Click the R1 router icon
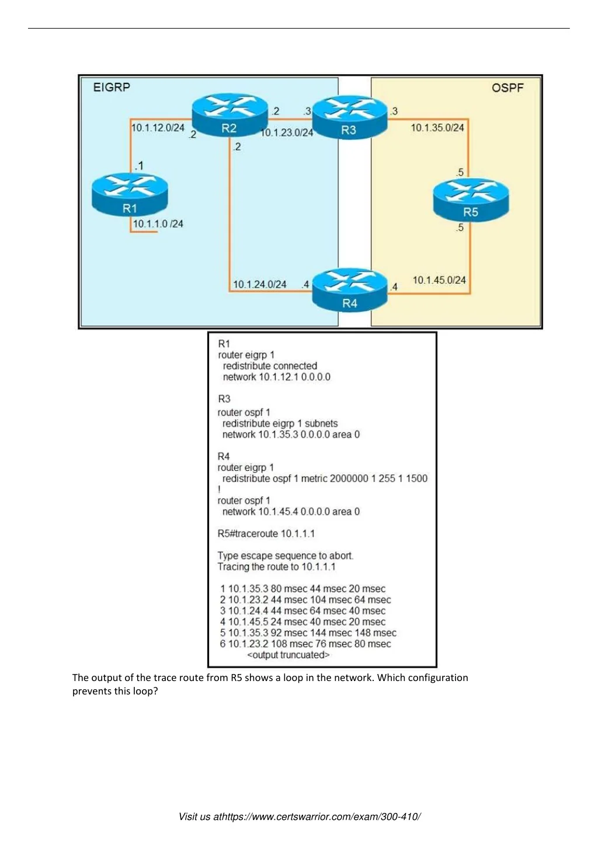point(130,194)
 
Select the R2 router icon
point(230,114)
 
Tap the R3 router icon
point(349,117)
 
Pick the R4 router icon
point(349,289)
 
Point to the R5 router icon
point(471,200)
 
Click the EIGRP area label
point(112,88)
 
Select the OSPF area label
point(507,88)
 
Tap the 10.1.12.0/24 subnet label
point(158,128)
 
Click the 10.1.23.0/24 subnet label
point(286,133)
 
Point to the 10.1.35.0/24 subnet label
point(437,128)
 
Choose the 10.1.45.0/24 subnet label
point(439,280)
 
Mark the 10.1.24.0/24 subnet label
point(259,284)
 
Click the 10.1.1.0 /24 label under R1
point(158,224)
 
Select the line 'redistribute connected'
point(270,366)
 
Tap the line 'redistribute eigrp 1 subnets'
point(280,423)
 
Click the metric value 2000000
point(349,479)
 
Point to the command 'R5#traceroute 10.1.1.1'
point(266,533)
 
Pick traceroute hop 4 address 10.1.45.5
point(248,621)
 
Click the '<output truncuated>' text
point(288,655)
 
